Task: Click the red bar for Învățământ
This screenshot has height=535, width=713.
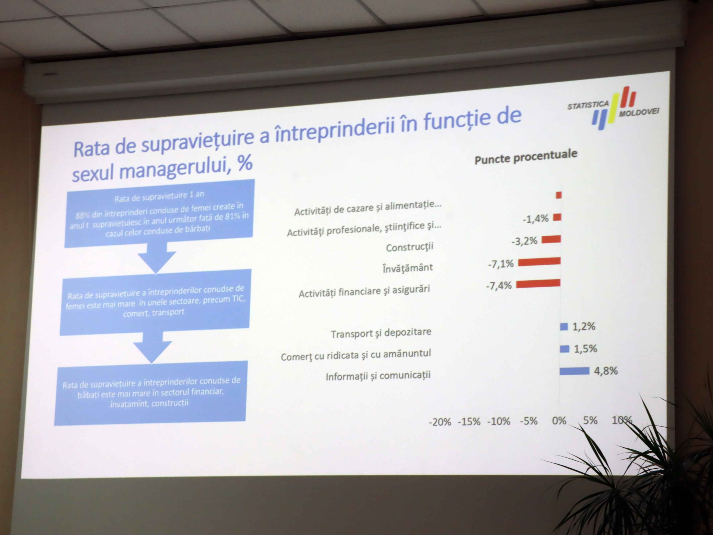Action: pos(539,261)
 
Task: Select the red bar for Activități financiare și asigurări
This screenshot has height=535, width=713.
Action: pos(538,284)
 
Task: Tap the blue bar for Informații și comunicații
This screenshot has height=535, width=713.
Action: pos(574,371)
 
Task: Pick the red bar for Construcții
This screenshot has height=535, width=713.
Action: pos(551,239)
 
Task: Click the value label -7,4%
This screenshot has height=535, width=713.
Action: pos(499,286)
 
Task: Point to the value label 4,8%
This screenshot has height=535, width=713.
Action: pos(606,371)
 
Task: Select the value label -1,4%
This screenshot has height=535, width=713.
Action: pos(535,219)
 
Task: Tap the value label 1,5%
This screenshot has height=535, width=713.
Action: pos(585,349)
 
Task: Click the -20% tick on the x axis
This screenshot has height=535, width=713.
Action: pos(440,422)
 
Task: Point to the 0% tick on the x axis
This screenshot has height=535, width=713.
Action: pos(559,421)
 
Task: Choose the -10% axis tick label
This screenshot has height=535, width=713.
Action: pos(499,422)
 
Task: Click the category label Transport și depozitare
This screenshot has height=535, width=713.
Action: pos(381,333)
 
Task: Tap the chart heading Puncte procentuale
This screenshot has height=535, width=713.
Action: pos(526,157)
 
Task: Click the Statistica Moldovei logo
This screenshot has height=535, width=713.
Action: pos(613,108)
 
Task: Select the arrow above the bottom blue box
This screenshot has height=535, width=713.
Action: pos(153,348)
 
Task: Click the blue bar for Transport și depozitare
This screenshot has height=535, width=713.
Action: pos(564,327)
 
